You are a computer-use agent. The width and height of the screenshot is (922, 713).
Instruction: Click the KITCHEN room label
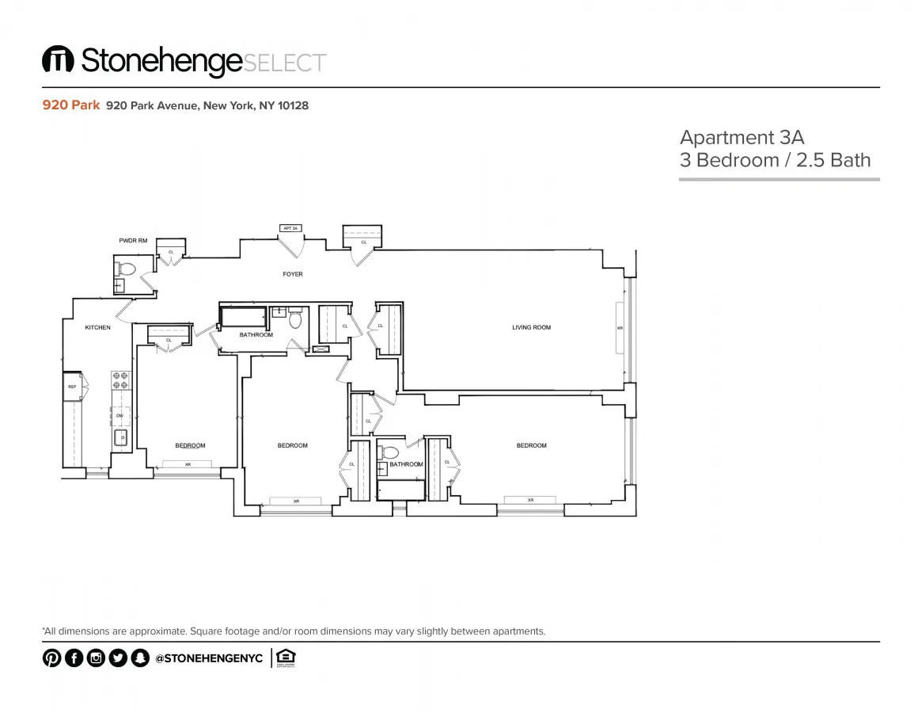point(97,327)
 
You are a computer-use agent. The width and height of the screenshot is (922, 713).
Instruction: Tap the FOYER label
point(293,274)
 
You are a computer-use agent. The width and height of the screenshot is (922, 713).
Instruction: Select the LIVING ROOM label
point(531,327)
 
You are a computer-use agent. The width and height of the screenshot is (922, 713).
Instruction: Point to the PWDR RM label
point(133,240)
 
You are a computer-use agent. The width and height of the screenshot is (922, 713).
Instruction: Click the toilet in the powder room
point(127,268)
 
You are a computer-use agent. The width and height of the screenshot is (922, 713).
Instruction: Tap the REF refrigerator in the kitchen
point(72,387)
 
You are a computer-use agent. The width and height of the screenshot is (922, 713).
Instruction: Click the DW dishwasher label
point(120,415)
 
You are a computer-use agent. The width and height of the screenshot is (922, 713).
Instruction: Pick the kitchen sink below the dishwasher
point(121,437)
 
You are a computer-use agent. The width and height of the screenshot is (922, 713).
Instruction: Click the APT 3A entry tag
point(290,228)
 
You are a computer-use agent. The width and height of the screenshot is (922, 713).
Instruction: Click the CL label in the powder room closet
point(170,253)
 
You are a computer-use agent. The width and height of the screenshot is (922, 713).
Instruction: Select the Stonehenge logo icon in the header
point(58,62)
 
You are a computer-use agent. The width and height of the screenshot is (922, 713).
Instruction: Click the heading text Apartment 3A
point(742,137)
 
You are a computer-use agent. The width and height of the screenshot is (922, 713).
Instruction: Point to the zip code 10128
point(293,105)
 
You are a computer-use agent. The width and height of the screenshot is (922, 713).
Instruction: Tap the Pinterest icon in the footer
point(51,658)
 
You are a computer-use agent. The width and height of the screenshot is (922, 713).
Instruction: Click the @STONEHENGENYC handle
point(209,658)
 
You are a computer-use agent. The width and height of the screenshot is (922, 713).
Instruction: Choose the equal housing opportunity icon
point(286,658)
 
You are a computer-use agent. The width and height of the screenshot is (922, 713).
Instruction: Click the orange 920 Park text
point(70,105)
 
